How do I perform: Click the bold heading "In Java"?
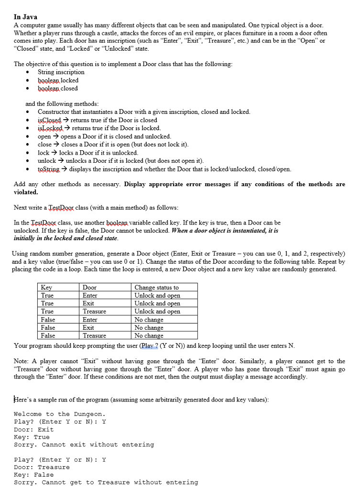pyautogui.click(x=25, y=17)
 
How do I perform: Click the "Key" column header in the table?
pyautogui.click(x=46, y=288)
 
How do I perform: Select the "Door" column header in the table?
pyautogui.click(x=89, y=288)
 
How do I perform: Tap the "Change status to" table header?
pyautogui.click(x=156, y=288)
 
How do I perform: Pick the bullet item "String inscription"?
pyautogui.click(x=61, y=72)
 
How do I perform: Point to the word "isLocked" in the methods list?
pyautogui.click(x=51, y=128)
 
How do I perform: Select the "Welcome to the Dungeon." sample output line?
pyautogui.click(x=59, y=414)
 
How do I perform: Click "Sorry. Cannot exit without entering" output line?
pyautogui.click(x=84, y=445)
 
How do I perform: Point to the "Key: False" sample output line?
pyautogui.click(x=34, y=475)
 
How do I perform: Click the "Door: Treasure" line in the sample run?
pyautogui.click(x=42, y=467)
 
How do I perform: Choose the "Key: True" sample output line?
pyautogui.click(x=32, y=437)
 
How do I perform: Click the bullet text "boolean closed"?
pyautogui.click(x=57, y=89)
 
